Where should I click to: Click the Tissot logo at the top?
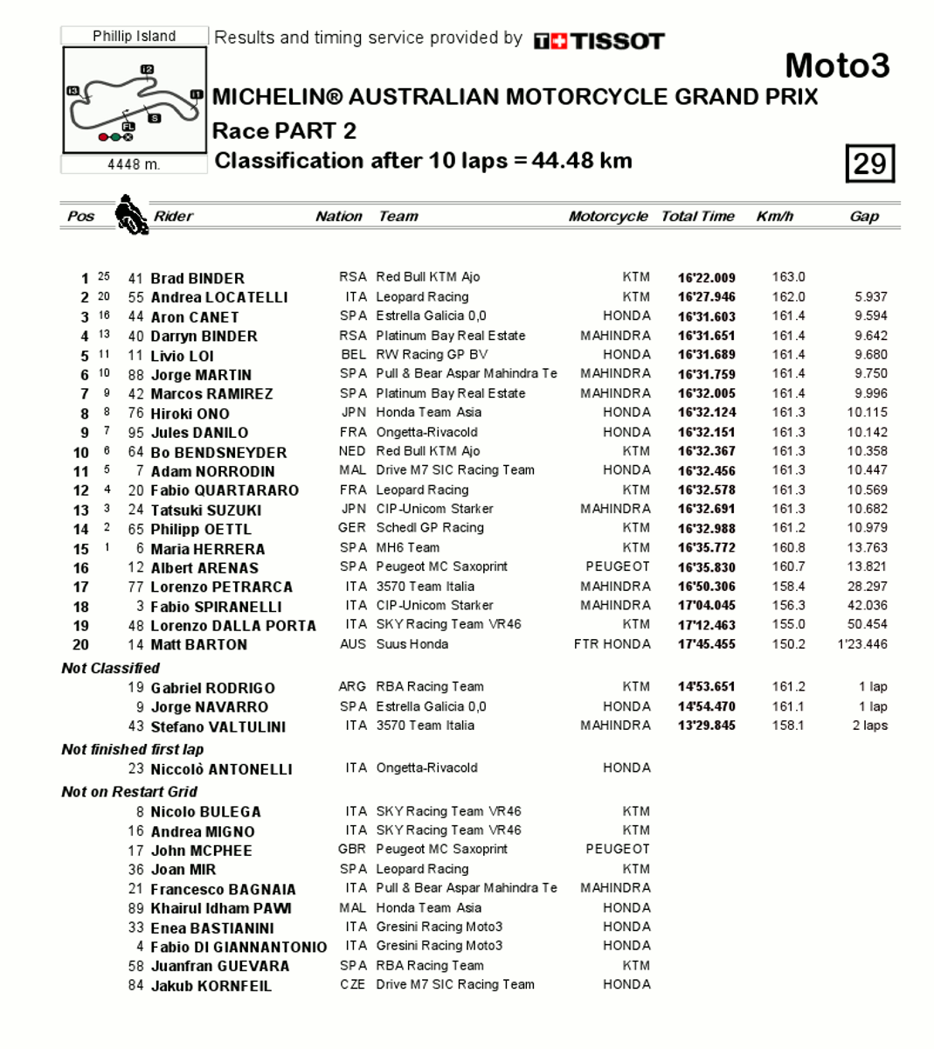coord(598,41)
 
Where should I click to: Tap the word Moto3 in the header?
coord(836,66)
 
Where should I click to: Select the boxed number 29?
coord(869,163)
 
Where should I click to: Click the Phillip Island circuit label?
coord(135,36)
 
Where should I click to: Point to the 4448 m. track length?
coord(134,164)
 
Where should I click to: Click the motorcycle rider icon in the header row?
coord(131,215)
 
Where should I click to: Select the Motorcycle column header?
coord(607,217)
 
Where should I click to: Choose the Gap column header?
coord(863,217)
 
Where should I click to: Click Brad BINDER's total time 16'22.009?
coord(706,278)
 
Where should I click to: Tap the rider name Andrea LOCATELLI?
coord(218,297)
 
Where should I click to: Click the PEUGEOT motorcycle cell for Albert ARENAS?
coord(617,566)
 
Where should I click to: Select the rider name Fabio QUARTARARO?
coord(224,490)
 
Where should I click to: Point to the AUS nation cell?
coord(353,644)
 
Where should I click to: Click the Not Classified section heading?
coord(110,668)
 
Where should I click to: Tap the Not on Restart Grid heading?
coord(129,792)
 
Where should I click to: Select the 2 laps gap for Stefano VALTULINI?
coord(869,726)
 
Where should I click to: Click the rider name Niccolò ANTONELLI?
coord(221,769)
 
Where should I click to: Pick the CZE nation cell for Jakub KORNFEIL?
coord(353,984)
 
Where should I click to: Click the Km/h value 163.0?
coord(788,277)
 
